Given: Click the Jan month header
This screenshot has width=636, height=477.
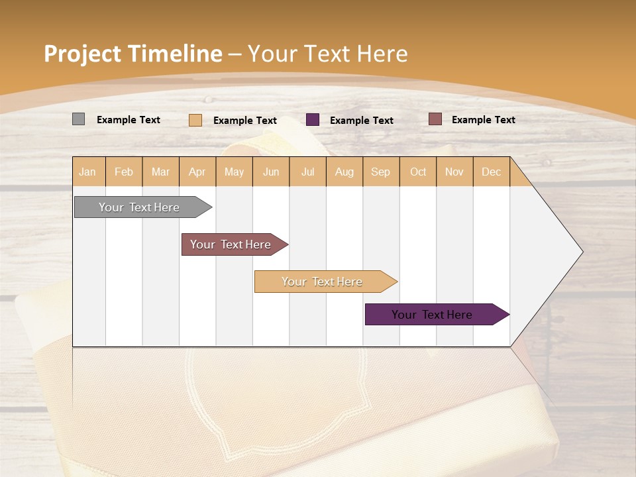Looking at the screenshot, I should click(87, 172).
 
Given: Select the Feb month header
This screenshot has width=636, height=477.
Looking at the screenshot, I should click(124, 172).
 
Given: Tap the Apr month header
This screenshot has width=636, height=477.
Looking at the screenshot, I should click(197, 172).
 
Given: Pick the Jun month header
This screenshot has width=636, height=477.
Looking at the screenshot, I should click(271, 172).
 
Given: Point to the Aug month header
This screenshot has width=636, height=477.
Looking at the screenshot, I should click(344, 172).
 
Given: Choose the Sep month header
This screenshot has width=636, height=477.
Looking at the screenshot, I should click(380, 172).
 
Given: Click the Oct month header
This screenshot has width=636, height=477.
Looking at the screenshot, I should click(418, 172).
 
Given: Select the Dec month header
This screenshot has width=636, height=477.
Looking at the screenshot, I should click(491, 172).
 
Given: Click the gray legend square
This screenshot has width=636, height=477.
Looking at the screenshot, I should click(79, 119).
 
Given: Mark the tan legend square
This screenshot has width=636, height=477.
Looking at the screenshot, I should click(195, 120).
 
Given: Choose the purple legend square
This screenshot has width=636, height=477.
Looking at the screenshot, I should click(313, 119).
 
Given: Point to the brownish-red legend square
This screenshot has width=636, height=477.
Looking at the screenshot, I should click(435, 119).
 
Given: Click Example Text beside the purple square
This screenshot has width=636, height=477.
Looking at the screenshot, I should click(362, 120).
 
